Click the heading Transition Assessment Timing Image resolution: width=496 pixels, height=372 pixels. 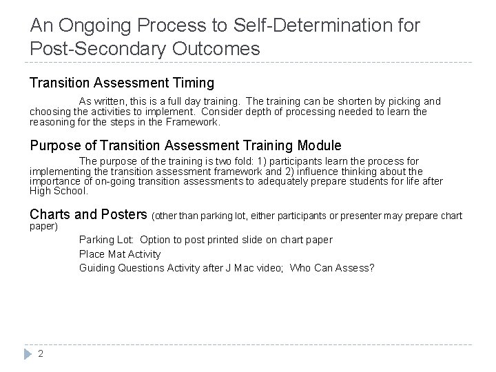pyautogui.click(x=122, y=83)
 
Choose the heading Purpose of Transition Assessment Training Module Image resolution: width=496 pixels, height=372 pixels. pyautogui.click(x=185, y=146)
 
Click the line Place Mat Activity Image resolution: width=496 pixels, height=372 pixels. pyautogui.click(x=120, y=254)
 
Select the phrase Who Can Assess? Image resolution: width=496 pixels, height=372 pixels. pyautogui.click(x=332, y=267)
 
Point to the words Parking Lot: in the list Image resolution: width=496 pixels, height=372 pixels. pyautogui.click(x=107, y=240)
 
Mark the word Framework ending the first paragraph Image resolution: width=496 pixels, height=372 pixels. pyautogui.click(x=196, y=122)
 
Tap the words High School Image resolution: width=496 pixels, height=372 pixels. pyautogui.click(x=59, y=191)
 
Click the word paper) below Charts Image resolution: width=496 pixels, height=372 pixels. pyautogui.click(x=43, y=226)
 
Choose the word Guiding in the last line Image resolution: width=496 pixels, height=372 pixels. pyautogui.click(x=97, y=267)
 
